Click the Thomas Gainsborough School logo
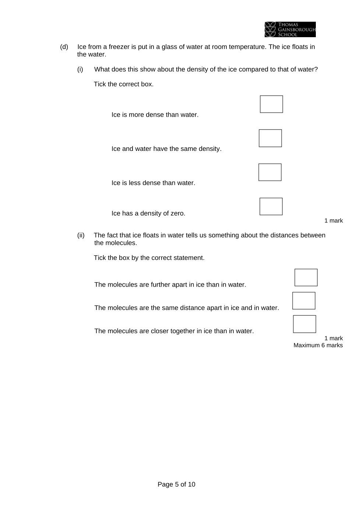(x=290, y=29)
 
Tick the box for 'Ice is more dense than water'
(x=271, y=104)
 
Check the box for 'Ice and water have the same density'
(x=270, y=138)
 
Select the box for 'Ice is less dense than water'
(x=270, y=172)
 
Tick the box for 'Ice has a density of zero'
(x=271, y=206)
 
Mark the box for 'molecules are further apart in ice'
(x=306, y=278)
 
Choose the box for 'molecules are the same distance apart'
(x=304, y=301)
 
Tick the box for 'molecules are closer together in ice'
(x=304, y=324)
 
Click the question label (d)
(x=64, y=47)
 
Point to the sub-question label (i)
(x=80, y=69)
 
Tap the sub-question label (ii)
(x=81, y=235)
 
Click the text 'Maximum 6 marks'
(x=318, y=345)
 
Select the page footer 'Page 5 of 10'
(x=176, y=484)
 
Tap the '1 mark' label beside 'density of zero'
(x=333, y=220)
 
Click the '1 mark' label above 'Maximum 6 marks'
(x=333, y=338)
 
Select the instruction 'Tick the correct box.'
(x=124, y=84)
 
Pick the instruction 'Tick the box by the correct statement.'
(x=149, y=258)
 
